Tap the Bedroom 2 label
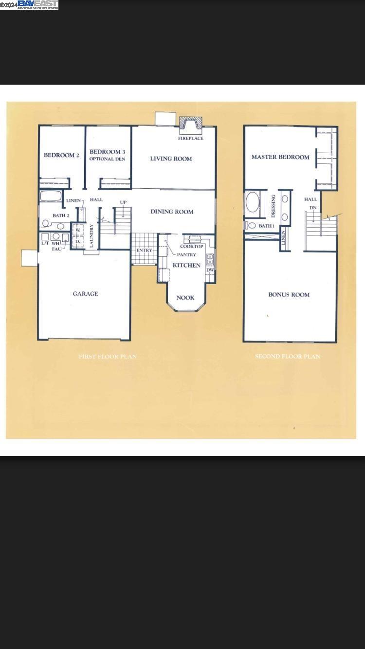(x=61, y=155)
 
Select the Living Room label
(x=171, y=159)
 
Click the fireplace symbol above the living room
(x=190, y=126)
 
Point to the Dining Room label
(x=172, y=212)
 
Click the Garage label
(x=85, y=294)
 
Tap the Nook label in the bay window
(x=185, y=298)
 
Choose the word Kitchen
(x=186, y=266)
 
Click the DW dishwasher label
(x=210, y=270)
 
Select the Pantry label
(x=186, y=254)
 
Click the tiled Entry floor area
(x=144, y=249)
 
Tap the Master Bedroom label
(x=280, y=157)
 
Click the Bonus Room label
(x=289, y=294)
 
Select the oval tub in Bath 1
(x=253, y=202)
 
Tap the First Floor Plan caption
(x=108, y=357)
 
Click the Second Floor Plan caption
(x=288, y=357)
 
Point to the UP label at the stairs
(x=124, y=202)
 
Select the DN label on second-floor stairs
(x=313, y=208)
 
